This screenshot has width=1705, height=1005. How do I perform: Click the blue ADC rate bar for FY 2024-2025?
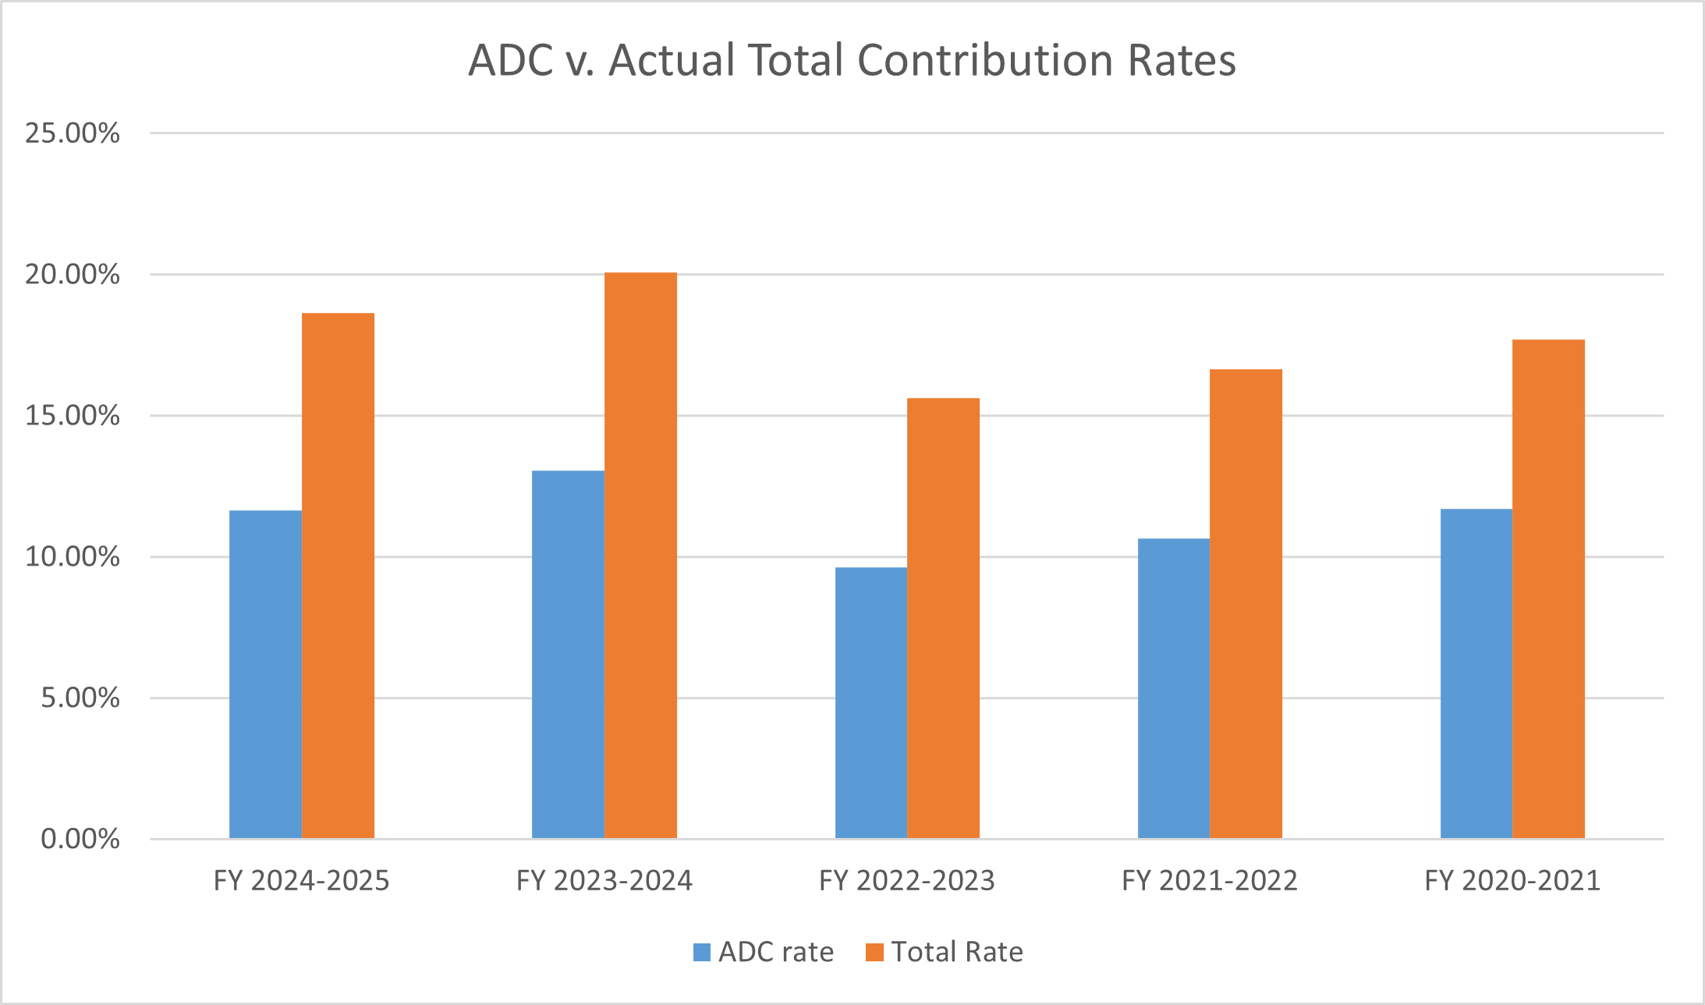coord(265,675)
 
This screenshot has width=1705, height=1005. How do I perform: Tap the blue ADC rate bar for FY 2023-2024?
coord(568,655)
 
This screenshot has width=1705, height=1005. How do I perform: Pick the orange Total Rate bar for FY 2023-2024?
coord(640,556)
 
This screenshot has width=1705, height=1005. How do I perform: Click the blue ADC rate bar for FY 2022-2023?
coord(870,703)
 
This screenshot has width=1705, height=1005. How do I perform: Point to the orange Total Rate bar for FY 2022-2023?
coord(943,619)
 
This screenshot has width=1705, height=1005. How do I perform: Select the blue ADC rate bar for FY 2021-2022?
coord(1173,689)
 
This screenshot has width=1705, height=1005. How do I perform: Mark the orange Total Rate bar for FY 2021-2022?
coord(1246,604)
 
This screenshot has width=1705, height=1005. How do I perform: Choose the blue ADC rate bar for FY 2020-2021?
coord(1476,674)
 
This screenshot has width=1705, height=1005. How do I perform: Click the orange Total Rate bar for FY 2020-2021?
coord(1548,589)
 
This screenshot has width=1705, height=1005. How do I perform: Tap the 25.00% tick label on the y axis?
coord(73,133)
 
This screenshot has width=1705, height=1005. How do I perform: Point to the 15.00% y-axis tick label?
coord(73,416)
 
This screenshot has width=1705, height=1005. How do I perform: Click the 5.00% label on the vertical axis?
coord(80,698)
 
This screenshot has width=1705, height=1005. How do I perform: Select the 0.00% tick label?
coord(80,840)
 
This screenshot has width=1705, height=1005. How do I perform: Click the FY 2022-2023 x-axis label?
coord(907,881)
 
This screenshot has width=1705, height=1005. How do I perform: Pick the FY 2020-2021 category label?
coord(1512,881)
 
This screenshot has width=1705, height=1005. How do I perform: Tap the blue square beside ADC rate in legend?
coord(702,953)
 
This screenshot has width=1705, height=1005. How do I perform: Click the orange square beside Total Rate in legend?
coord(874,953)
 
